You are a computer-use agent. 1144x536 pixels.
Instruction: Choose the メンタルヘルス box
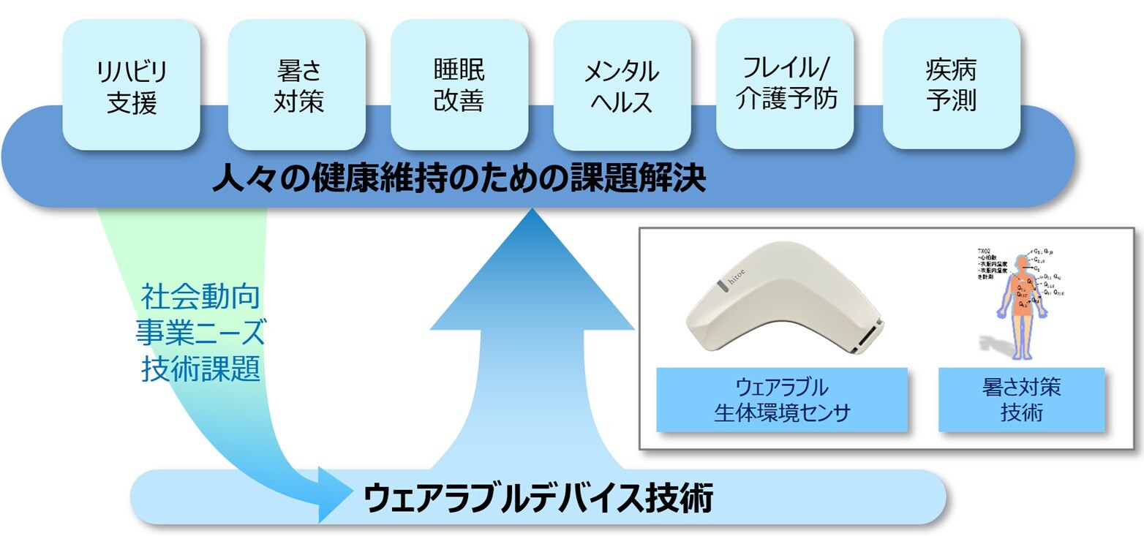point(622,86)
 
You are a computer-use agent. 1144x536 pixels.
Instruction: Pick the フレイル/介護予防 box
point(785,83)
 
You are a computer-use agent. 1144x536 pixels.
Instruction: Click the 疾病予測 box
point(952,83)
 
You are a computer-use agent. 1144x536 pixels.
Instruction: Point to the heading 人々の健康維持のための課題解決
point(459,178)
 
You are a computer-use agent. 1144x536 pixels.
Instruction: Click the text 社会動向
point(200,298)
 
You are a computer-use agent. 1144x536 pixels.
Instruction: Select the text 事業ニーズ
point(200,333)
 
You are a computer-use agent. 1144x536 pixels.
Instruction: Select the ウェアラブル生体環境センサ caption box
point(781,399)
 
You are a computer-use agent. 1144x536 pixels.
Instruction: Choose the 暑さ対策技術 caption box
point(1021,399)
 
